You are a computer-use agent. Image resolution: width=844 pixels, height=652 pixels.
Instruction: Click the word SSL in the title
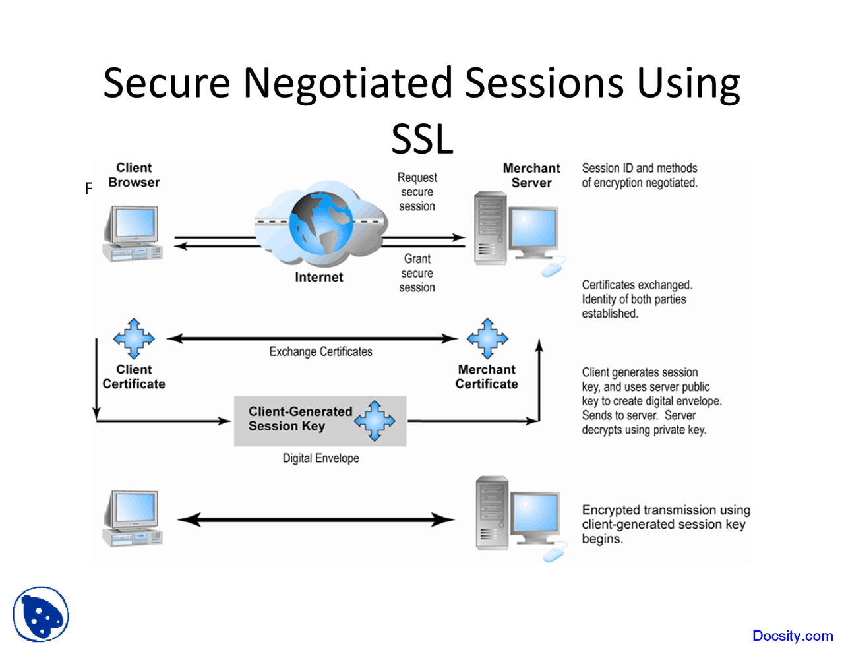pyautogui.click(x=422, y=139)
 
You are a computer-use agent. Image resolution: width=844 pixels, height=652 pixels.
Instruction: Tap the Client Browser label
pyautogui.click(x=134, y=175)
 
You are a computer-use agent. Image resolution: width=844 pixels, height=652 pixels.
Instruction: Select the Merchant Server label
pyautogui.click(x=531, y=176)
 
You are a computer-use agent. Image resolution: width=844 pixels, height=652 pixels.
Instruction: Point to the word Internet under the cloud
pyautogui.click(x=318, y=278)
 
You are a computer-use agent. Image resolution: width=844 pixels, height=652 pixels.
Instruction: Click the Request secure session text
pyautogui.click(x=417, y=192)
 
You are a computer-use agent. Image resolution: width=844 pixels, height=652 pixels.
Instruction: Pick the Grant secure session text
pyautogui.click(x=417, y=273)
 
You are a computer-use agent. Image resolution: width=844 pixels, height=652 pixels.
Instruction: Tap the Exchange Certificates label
pyautogui.click(x=320, y=352)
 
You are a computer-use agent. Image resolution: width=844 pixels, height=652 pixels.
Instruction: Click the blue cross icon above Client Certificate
pyautogui.click(x=134, y=338)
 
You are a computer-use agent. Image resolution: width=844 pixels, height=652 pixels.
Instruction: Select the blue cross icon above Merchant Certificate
pyautogui.click(x=487, y=338)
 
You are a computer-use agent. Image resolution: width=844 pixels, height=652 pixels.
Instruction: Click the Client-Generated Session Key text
pyautogui.click(x=300, y=419)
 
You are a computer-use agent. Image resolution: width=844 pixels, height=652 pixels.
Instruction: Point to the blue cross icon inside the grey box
pyautogui.click(x=375, y=420)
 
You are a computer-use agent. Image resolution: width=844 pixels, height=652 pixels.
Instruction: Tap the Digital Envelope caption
pyautogui.click(x=320, y=458)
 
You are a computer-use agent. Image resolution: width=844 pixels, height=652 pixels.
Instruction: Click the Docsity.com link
pyautogui.click(x=792, y=636)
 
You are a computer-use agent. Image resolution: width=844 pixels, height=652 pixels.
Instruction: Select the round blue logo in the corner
pyautogui.click(x=41, y=614)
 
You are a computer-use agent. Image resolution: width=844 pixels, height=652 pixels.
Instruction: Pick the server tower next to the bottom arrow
pyautogui.click(x=492, y=514)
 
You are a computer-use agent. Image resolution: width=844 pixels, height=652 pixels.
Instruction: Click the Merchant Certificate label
pyautogui.click(x=487, y=377)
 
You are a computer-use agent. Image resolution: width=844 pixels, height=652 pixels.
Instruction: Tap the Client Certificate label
pyautogui.click(x=134, y=377)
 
